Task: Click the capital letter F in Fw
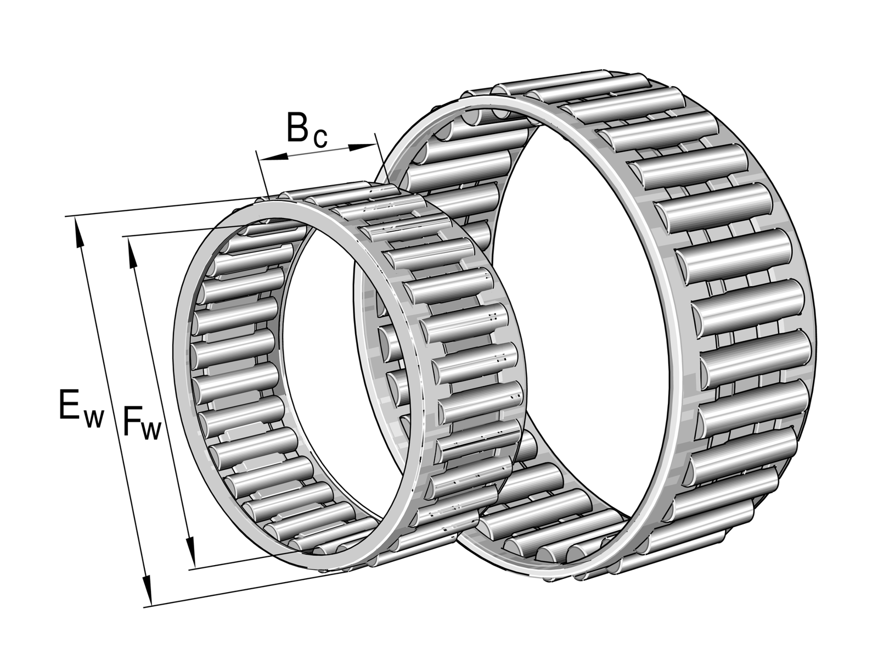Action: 132,421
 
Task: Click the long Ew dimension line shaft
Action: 112,412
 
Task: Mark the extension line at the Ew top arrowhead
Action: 165,207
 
